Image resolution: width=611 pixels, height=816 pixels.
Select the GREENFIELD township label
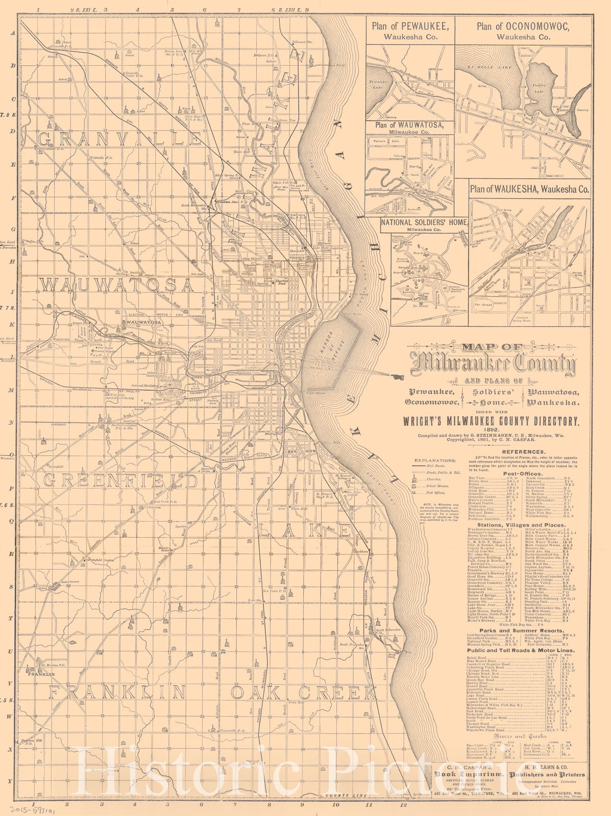pyautogui.click(x=120, y=480)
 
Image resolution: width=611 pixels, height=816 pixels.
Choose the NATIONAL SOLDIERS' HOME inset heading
pyautogui.click(x=424, y=222)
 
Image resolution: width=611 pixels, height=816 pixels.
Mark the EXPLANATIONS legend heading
pyautogui.click(x=434, y=460)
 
